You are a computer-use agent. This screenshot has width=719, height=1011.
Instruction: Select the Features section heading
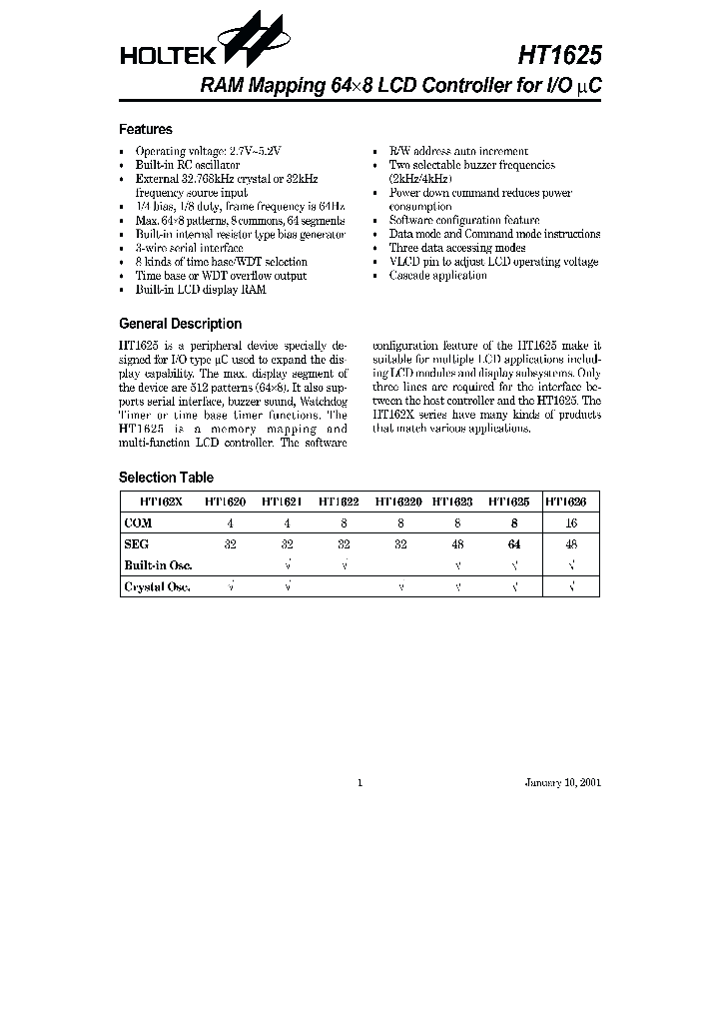tap(146, 129)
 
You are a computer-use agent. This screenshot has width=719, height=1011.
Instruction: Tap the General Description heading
tap(180, 324)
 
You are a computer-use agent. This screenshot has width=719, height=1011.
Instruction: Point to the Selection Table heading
tap(166, 478)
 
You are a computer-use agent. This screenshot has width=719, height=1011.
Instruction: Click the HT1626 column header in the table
tap(571, 503)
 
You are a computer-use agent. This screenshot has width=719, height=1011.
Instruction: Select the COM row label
tap(138, 521)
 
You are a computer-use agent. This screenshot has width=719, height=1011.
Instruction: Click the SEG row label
tap(136, 545)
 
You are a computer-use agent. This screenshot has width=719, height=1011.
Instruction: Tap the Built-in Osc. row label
tap(158, 565)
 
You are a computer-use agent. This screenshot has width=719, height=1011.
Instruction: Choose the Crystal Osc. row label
tap(156, 587)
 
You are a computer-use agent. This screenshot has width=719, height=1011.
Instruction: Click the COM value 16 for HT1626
tap(571, 521)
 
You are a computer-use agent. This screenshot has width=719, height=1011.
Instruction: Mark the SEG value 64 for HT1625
tap(514, 545)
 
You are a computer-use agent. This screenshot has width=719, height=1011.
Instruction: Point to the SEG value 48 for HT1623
tap(457, 545)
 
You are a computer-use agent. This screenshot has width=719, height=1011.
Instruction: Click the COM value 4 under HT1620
tap(231, 521)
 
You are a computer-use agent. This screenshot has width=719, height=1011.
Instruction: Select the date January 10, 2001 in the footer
tap(563, 782)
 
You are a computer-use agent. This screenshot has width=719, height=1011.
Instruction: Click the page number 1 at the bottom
tap(359, 782)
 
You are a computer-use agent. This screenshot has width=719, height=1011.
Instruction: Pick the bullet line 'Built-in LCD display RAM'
tap(201, 290)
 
